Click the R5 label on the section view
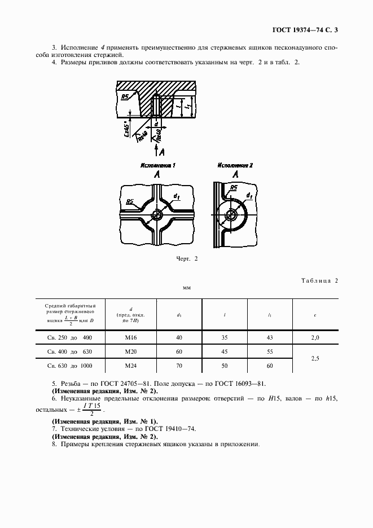[x=125, y=96]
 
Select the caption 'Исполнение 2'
[x=235, y=166]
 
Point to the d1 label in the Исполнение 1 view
[x=176, y=196]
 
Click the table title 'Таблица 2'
[x=319, y=280]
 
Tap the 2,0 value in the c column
[x=315, y=337]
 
